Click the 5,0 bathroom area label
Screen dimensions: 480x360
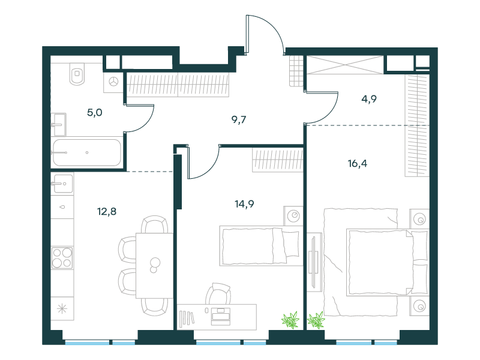95,113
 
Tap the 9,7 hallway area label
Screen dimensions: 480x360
239,119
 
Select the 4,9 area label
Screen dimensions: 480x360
369,99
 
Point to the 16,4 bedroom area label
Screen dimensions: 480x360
357,163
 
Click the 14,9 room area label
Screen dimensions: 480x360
244,204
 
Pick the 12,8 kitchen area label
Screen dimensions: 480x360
107,212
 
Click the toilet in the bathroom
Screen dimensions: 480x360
77,74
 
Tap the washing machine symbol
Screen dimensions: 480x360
113,82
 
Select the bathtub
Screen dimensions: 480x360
87,153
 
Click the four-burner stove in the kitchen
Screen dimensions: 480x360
62,258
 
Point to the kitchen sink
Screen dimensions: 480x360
63,184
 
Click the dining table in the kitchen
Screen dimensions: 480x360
154,265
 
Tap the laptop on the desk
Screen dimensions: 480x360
220,317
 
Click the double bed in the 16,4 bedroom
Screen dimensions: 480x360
388,262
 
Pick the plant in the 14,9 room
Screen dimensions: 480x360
290,320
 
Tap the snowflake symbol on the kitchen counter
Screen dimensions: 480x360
62,308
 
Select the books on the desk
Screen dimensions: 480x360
187,317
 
